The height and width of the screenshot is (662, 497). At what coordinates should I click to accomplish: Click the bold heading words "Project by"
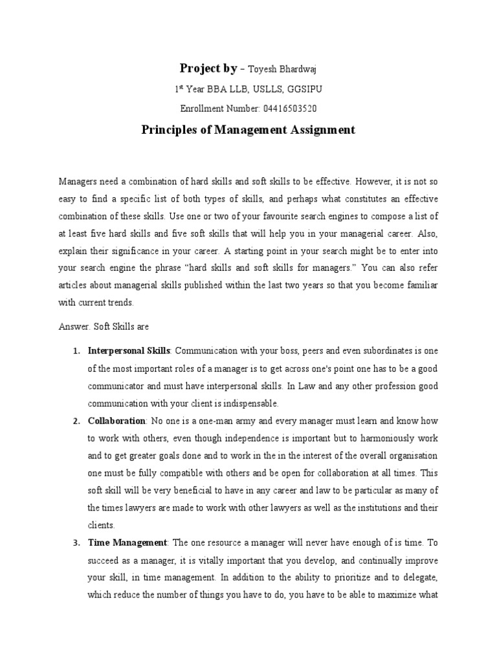click(208, 70)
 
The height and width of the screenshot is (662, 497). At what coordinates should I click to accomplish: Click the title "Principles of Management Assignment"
click(248, 129)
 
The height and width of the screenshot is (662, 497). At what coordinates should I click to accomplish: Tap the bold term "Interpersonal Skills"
click(129, 350)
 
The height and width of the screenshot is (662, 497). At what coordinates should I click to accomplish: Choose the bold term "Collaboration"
click(117, 421)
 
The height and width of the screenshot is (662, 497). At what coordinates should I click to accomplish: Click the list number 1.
click(76, 350)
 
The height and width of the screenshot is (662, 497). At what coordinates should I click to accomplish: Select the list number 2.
click(76, 421)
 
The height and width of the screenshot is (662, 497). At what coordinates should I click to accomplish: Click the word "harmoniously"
click(390, 438)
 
